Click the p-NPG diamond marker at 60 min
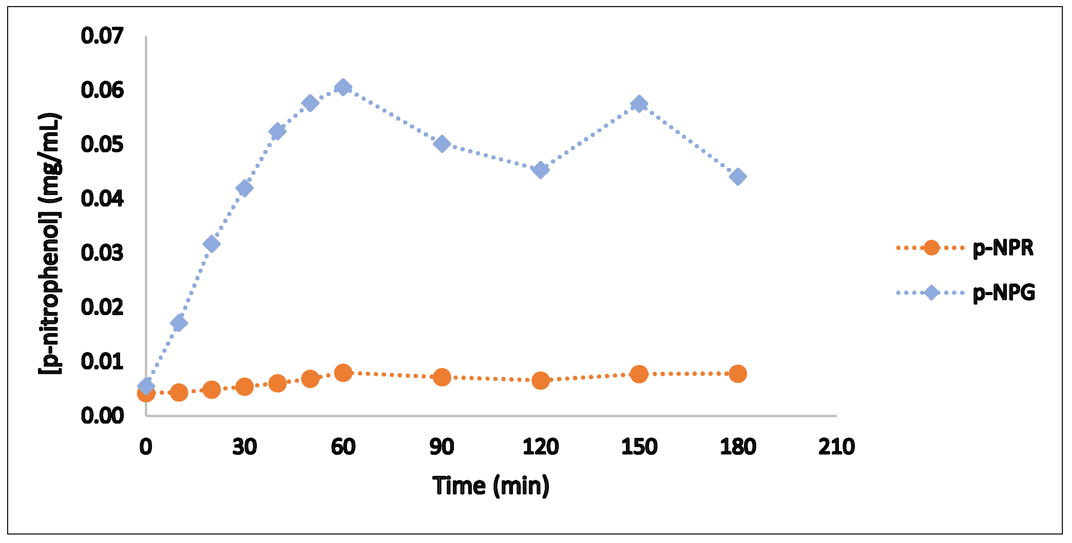point(343,88)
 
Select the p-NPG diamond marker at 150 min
point(639,103)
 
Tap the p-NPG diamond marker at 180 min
point(738,177)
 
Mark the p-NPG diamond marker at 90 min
point(442,144)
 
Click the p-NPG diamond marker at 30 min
point(244,188)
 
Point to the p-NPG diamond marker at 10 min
point(179,323)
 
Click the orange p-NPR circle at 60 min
point(343,373)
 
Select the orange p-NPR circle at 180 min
point(738,374)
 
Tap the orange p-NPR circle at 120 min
point(540,380)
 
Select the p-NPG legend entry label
point(1004,293)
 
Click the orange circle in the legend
point(931,248)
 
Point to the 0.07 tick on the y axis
point(102,36)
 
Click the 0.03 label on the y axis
point(102,253)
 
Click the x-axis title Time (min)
point(491,486)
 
